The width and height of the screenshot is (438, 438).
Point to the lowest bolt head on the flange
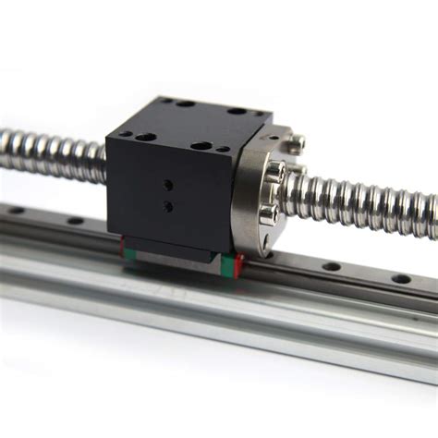click(x=268, y=214)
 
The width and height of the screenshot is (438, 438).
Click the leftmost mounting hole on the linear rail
click(x=17, y=211)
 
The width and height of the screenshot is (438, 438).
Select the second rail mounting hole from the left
click(x=75, y=221)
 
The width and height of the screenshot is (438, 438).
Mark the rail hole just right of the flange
click(x=332, y=266)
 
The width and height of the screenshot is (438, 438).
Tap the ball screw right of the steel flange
click(x=370, y=200)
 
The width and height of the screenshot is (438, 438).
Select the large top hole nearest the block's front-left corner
click(x=145, y=137)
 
